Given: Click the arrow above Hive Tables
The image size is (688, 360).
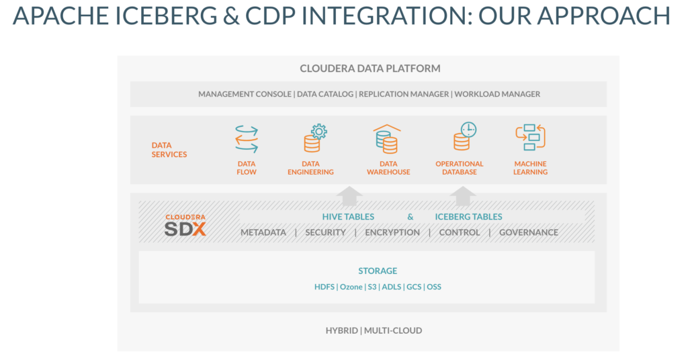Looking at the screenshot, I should [349, 196].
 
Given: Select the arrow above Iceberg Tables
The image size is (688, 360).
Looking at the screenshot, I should [462, 196].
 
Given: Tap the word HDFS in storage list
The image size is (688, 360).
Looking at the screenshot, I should [325, 287].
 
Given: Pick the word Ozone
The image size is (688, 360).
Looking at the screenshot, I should [351, 287].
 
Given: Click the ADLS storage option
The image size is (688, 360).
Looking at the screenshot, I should [391, 287].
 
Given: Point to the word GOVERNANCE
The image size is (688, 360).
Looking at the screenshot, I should [528, 232].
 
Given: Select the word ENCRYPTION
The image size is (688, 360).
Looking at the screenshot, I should [392, 232].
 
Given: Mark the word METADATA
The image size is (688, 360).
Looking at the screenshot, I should [263, 232].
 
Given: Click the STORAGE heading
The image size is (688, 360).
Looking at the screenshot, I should [378, 271].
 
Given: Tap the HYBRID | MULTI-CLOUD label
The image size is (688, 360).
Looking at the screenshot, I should [374, 330].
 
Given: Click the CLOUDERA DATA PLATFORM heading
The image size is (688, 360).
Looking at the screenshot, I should [370, 69].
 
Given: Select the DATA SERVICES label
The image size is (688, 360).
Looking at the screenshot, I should [169, 149].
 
